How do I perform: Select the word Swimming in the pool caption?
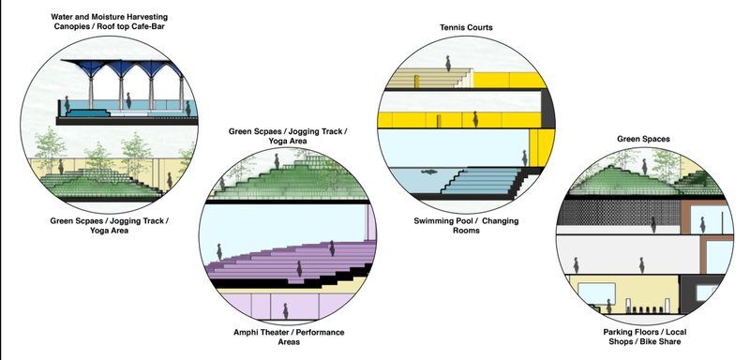(x=440, y=221)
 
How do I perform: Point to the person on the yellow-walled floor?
(x=477, y=120)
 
